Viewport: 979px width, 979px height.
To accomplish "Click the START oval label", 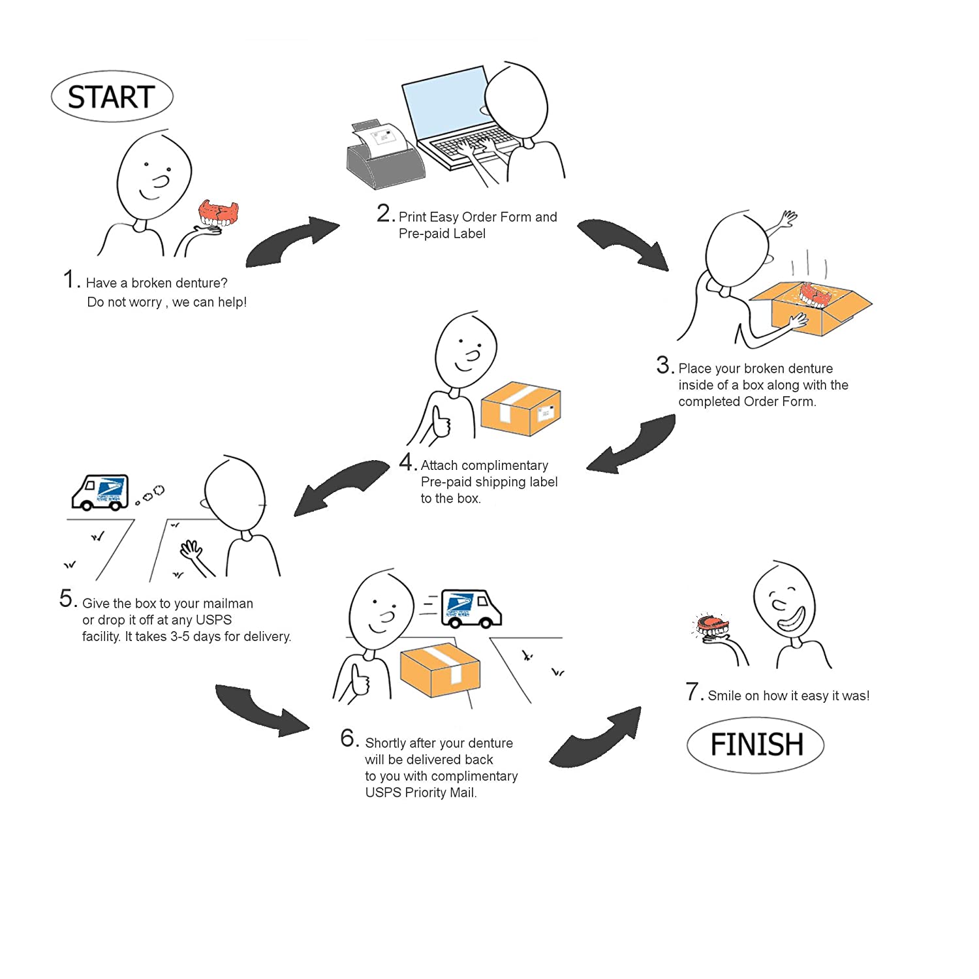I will pos(112,97).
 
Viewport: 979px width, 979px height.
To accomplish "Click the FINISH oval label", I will pos(756,745).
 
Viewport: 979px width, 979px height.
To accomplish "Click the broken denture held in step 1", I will pos(219,213).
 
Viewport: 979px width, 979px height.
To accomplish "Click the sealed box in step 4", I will pos(520,409).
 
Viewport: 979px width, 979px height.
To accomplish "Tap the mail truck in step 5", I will pos(100,492).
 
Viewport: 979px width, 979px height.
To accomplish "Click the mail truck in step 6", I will pos(471,608).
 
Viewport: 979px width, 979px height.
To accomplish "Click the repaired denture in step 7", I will pos(711,627).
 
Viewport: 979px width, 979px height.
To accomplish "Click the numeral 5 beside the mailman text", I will pos(67,598).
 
